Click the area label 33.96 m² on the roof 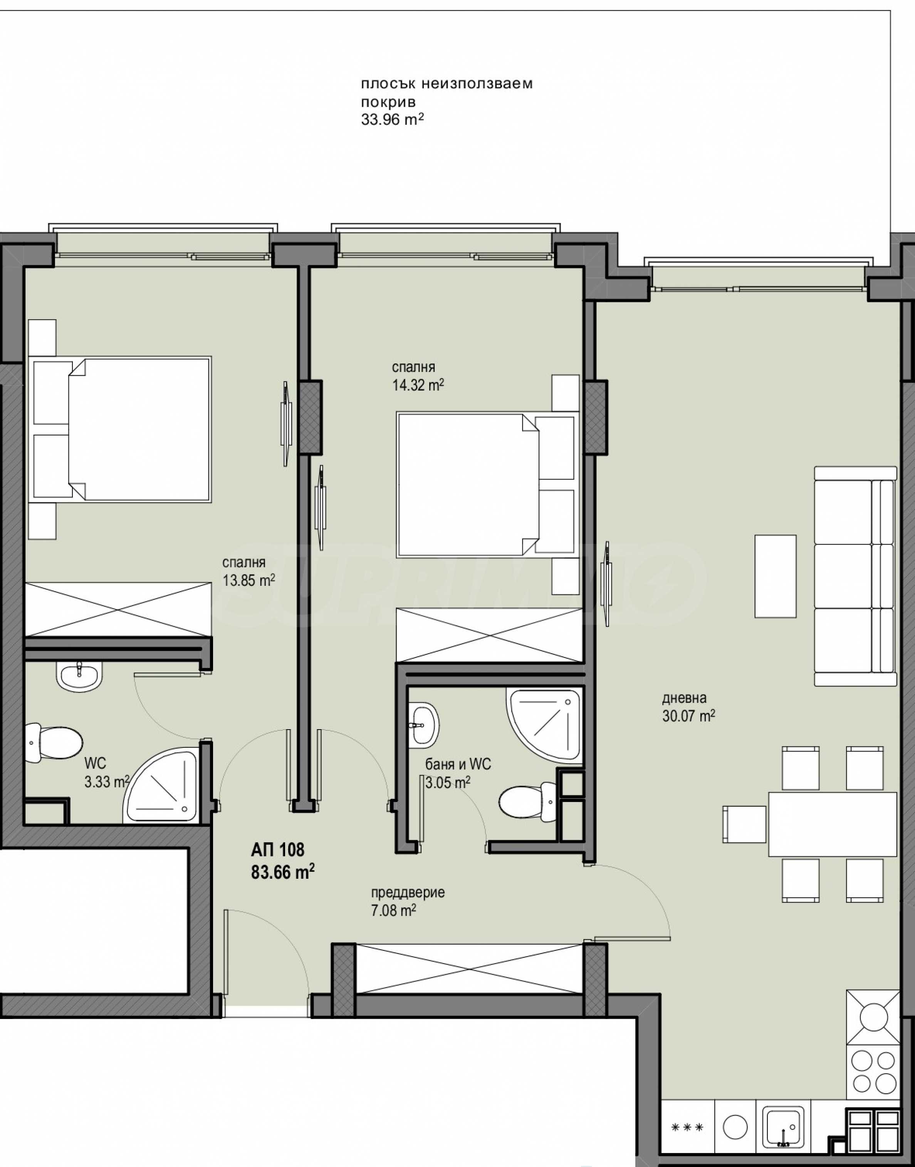tap(393, 119)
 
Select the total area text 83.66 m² tap(283, 872)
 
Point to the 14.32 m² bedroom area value tap(418, 385)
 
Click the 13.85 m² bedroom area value tap(248, 580)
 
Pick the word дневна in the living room tap(684, 698)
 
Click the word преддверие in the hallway tap(408, 893)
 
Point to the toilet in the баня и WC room tap(528, 802)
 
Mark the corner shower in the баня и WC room tap(543, 726)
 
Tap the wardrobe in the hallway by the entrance tap(469, 969)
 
